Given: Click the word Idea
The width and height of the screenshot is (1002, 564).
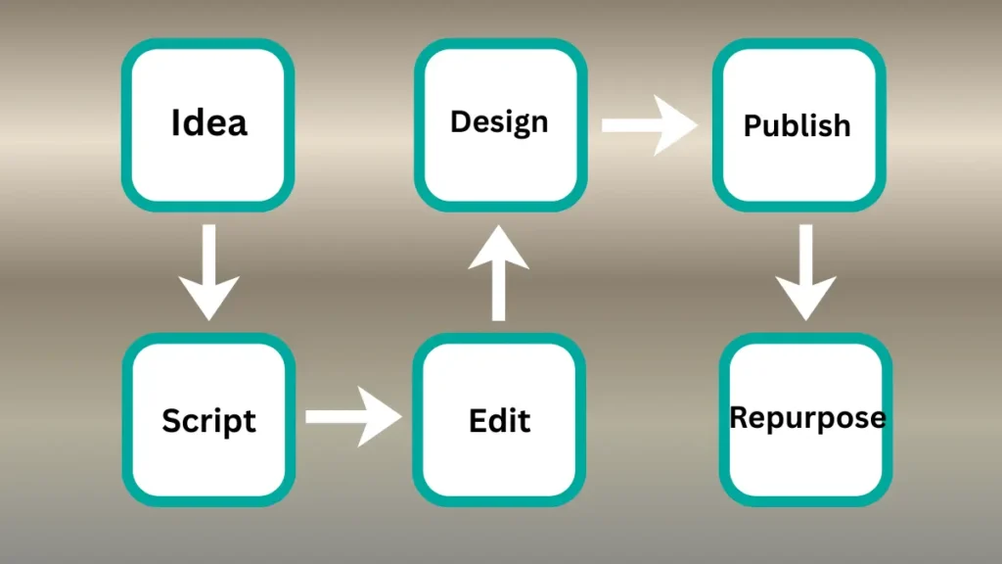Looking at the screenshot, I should tap(208, 124).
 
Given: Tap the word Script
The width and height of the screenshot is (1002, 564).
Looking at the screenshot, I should tap(208, 421).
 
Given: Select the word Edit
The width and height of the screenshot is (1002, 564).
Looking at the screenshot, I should tap(499, 421).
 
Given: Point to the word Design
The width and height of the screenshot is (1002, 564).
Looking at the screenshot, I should tap(499, 123).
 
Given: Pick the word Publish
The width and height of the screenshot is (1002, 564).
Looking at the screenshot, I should tap(797, 126).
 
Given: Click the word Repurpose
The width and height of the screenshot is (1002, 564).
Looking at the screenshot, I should tap(807, 418).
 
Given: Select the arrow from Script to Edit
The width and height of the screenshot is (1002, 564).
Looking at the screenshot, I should tap(352, 417).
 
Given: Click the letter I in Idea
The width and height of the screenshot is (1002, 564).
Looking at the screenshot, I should tap(176, 123).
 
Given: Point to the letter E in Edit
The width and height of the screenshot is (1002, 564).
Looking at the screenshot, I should tap(478, 420).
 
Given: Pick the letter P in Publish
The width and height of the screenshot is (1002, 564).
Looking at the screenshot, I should tap(751, 126).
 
